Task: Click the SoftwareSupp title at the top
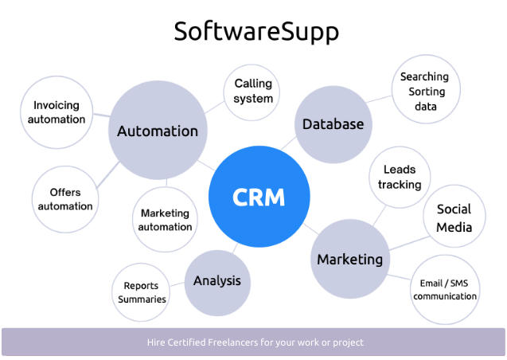click(x=256, y=32)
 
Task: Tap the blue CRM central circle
click(x=259, y=197)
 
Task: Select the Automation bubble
click(x=158, y=131)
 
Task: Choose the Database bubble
click(x=333, y=123)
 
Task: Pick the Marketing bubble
click(x=349, y=259)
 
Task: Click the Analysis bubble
click(x=217, y=280)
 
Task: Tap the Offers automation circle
click(x=65, y=199)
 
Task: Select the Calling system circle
click(x=253, y=91)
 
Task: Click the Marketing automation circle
click(x=165, y=220)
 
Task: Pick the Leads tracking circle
click(x=400, y=178)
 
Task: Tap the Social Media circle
click(x=454, y=217)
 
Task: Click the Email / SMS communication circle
click(x=445, y=290)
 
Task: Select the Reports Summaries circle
click(x=142, y=292)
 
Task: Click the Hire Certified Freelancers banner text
click(x=255, y=342)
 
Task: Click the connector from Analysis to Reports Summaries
click(x=177, y=284)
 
